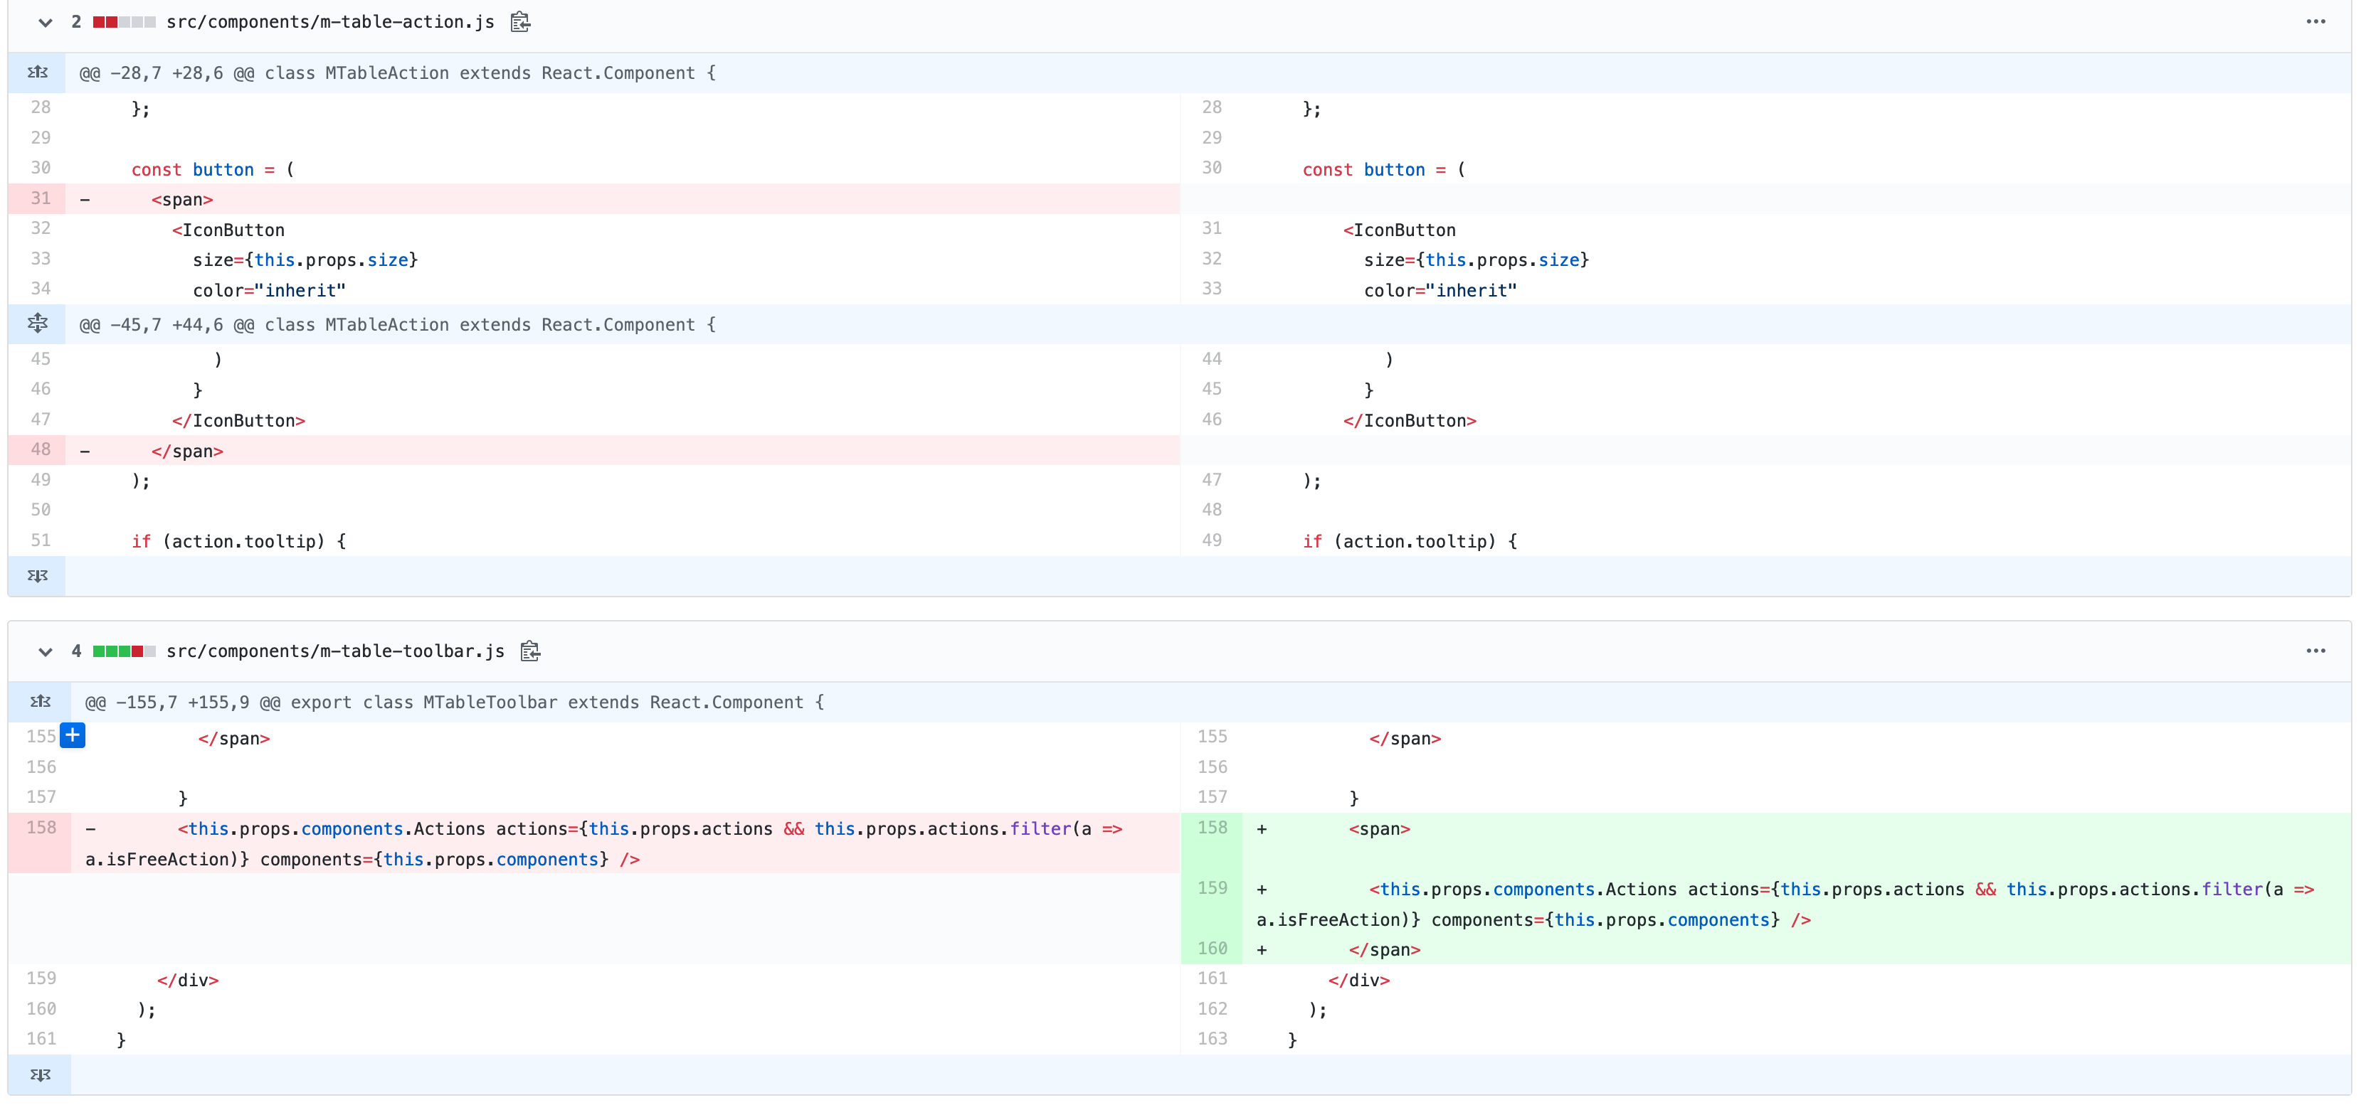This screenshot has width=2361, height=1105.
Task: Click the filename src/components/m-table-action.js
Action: [x=330, y=22]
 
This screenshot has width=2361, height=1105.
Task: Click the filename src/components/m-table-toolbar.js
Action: [x=334, y=651]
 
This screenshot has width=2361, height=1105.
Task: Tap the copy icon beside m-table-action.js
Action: [x=521, y=22]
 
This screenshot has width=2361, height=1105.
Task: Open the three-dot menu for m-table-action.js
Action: [x=2315, y=22]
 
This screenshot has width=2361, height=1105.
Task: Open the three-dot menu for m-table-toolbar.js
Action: [x=2315, y=651]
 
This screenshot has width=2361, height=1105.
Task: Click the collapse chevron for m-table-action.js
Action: [x=45, y=23]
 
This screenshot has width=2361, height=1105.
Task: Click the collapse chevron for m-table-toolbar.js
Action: [x=45, y=652]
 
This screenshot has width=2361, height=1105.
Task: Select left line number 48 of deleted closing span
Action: [x=41, y=450]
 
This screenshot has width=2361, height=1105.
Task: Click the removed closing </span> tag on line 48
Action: [x=188, y=452]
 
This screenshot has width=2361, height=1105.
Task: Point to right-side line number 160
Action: [x=1212, y=949]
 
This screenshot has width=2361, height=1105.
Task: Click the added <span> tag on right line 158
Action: [x=1380, y=829]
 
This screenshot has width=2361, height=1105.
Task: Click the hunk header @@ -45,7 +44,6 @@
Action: [x=397, y=325]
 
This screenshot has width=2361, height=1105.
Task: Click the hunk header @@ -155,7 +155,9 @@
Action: [x=455, y=703]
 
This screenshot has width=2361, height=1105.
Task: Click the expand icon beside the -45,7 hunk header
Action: [x=38, y=324]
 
